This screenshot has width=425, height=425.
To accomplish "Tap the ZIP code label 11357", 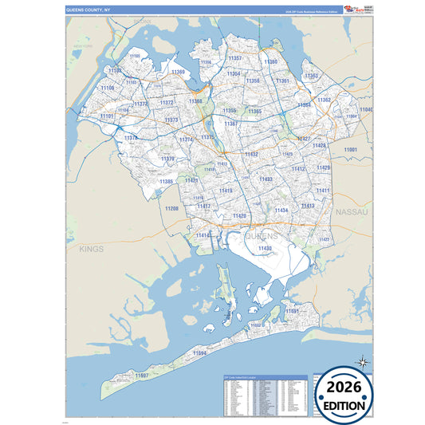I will tap(235, 58).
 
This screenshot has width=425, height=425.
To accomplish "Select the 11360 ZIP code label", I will tap(271, 61).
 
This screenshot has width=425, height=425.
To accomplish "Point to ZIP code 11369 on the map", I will tap(177, 73).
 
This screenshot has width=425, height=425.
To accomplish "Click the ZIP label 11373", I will tap(171, 120).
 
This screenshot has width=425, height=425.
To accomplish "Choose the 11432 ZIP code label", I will tap(251, 154).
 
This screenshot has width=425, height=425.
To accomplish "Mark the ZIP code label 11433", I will tap(266, 179).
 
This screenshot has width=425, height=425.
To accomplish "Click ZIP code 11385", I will tap(166, 182).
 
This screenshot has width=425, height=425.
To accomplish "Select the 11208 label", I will tap(171, 208).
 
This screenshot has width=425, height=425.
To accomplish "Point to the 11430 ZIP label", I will tap(266, 248).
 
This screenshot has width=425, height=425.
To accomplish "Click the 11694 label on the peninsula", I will tap(199, 352).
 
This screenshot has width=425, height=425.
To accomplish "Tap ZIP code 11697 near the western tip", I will tap(142, 375).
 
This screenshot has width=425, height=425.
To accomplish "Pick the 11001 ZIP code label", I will tap(350, 149).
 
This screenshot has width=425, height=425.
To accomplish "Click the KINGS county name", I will tap(92, 249).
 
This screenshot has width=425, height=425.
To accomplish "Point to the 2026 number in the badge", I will tap(344, 388).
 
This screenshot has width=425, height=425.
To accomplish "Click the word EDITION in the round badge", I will tap(344, 405).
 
